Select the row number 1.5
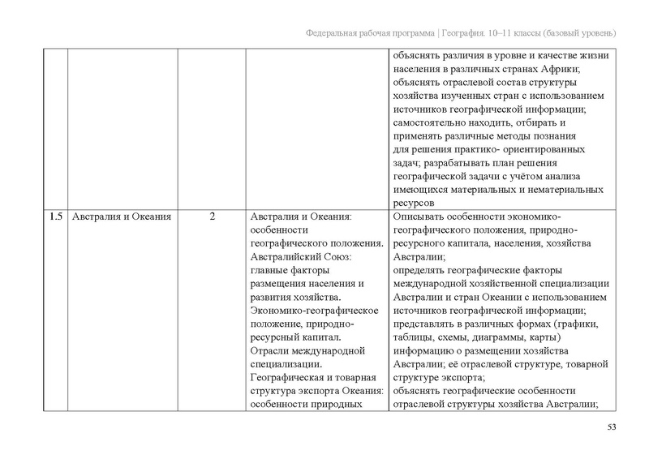coord(55,217)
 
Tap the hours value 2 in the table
coord(211,217)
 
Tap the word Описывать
coord(420,217)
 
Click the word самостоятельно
coord(430,123)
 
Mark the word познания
coord(553,136)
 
